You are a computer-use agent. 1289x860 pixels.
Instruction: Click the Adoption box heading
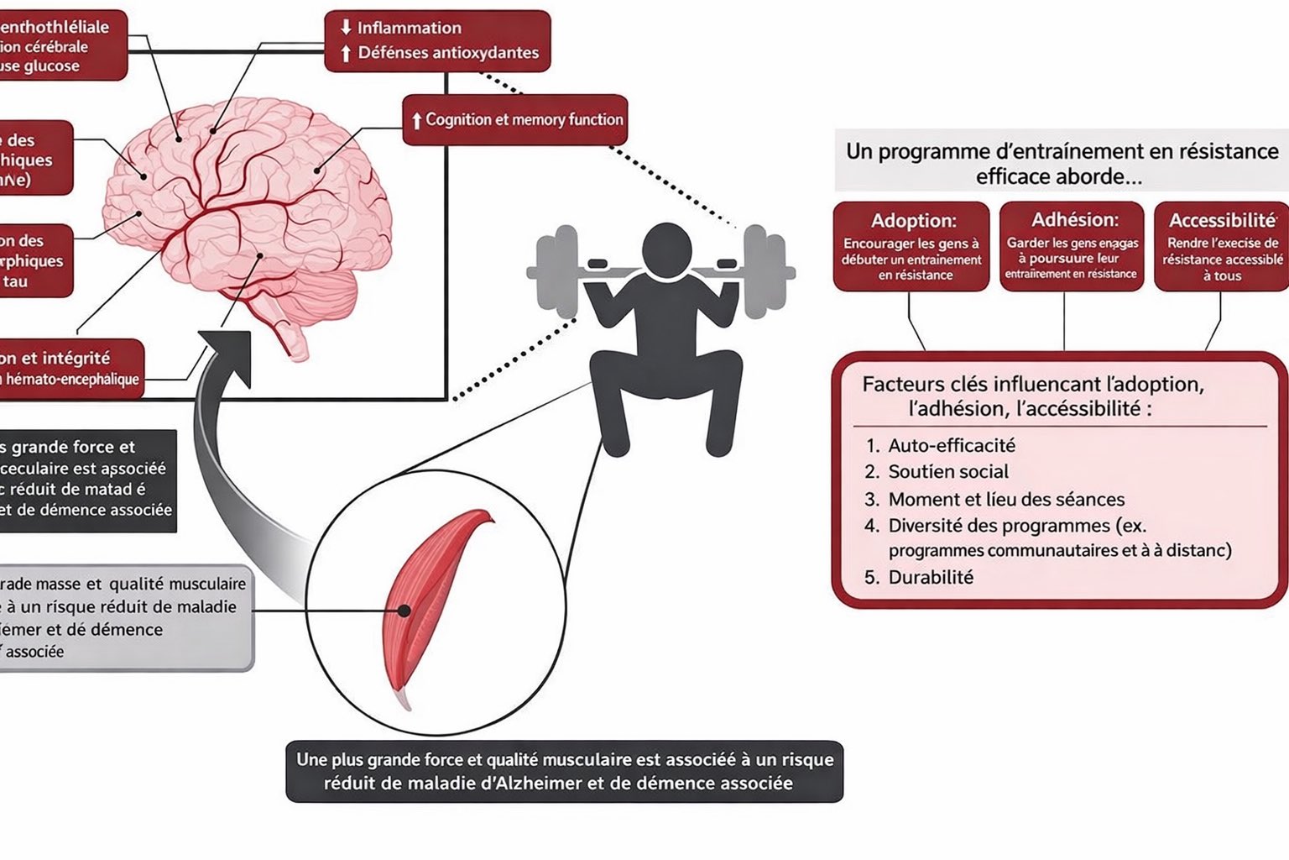click(x=913, y=221)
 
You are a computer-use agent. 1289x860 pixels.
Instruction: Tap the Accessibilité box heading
click(x=1223, y=221)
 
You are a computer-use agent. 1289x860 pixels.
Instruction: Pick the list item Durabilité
click(x=931, y=578)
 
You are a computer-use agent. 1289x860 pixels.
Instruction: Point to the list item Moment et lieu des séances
click(x=1005, y=500)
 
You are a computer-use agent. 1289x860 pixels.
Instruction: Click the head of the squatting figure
click(x=668, y=250)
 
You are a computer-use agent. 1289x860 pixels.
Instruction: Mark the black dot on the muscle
click(x=404, y=611)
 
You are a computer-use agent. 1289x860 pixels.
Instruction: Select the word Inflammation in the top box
click(x=409, y=28)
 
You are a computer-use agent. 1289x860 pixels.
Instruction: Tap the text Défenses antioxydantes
click(x=448, y=53)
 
